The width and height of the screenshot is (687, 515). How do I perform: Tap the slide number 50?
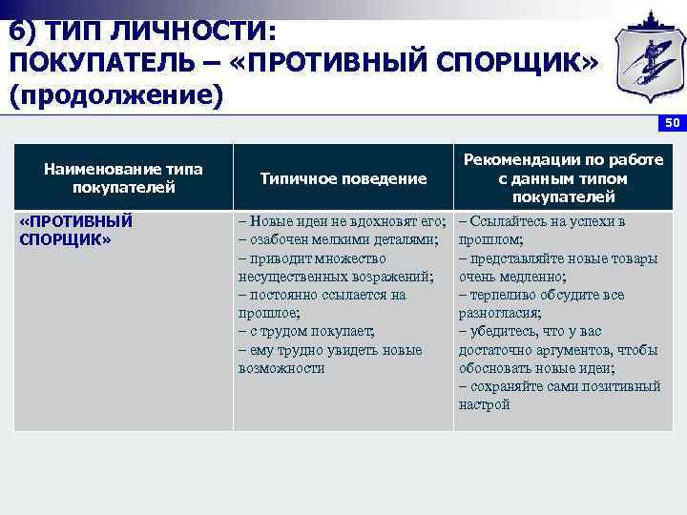point(672,123)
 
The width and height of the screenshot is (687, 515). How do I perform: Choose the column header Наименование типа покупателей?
point(123,178)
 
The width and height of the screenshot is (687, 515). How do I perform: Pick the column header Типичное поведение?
point(343,178)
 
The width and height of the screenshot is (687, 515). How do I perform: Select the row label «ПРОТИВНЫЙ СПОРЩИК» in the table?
point(75,230)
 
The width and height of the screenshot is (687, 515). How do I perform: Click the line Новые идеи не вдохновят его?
point(343,221)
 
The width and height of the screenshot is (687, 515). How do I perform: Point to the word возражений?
point(393,276)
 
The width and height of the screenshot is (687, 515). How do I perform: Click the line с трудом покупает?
point(306,331)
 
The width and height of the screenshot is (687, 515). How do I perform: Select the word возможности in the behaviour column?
point(281,367)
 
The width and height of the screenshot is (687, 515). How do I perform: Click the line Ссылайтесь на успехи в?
point(542,221)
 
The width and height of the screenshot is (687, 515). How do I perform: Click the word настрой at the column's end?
point(484,404)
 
